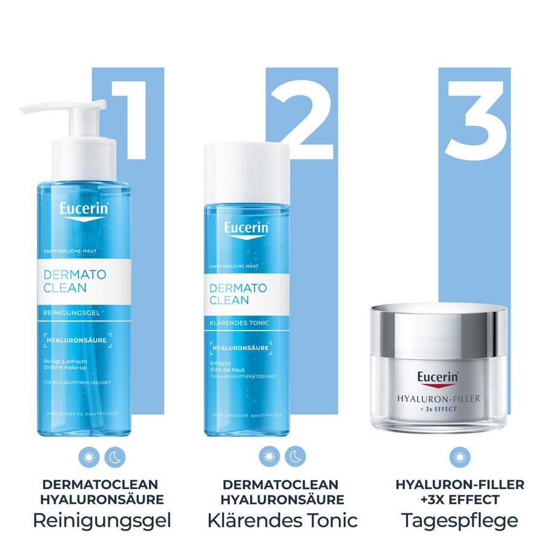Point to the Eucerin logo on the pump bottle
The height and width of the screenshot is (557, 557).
84,210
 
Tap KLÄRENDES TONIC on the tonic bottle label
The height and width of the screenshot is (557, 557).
239,323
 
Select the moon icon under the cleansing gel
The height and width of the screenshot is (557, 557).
114,456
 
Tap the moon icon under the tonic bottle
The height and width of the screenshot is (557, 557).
295,456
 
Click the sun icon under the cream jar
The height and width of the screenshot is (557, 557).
460,456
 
